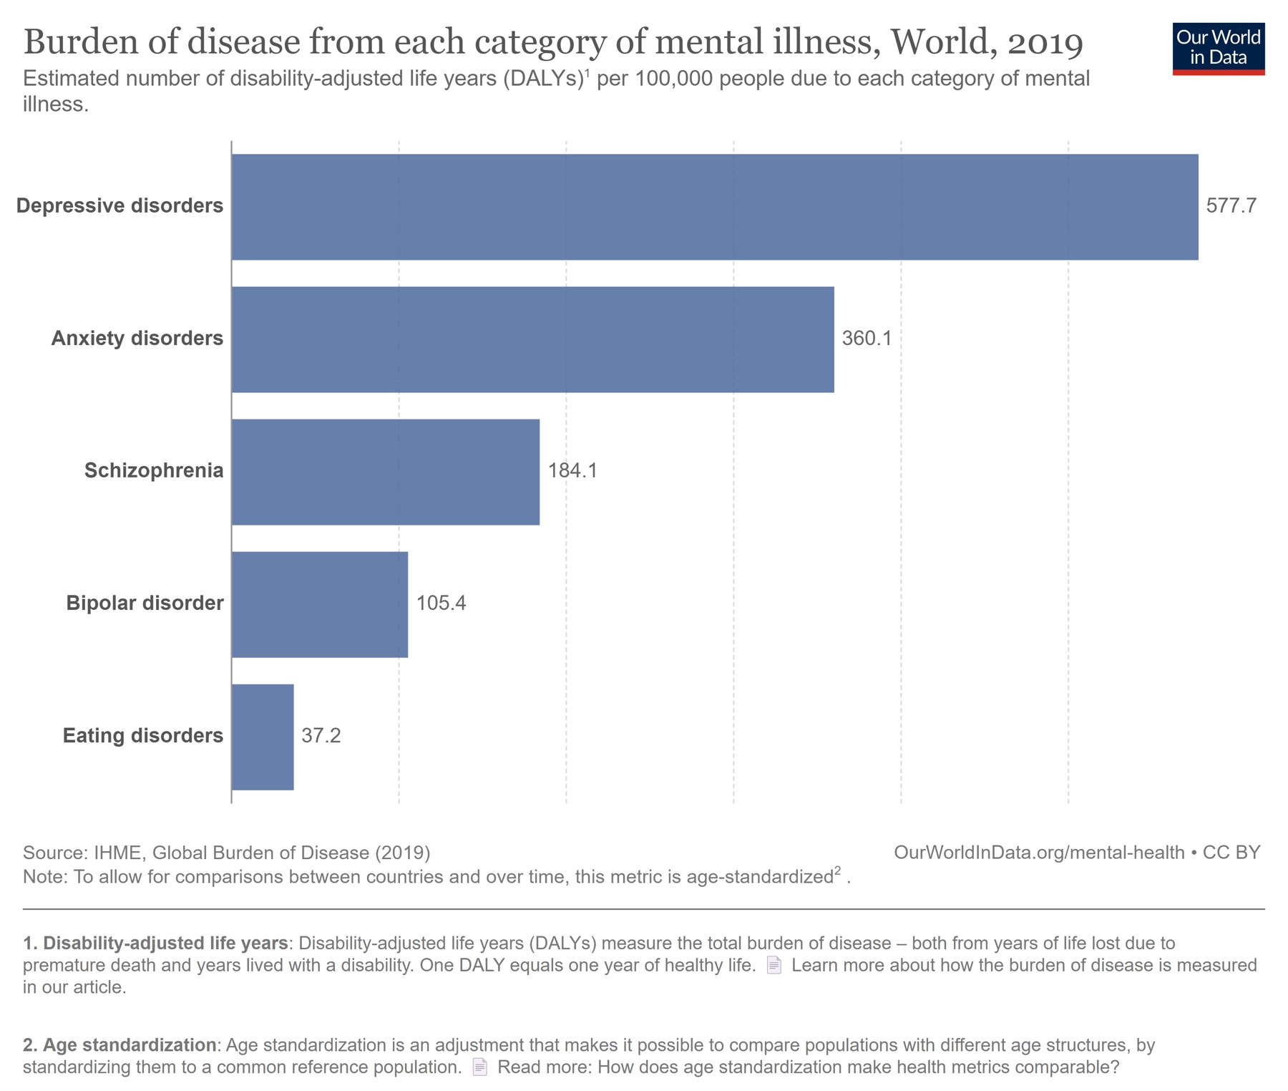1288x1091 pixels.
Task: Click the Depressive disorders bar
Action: (x=714, y=207)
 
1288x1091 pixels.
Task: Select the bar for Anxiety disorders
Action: (x=532, y=339)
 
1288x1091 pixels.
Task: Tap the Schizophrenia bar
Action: (x=385, y=472)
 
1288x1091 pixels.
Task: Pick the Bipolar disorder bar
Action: (x=319, y=604)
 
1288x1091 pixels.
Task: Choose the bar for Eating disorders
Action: (x=262, y=737)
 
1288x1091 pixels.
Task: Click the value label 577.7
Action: (x=1231, y=206)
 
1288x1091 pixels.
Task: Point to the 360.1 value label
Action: (x=867, y=339)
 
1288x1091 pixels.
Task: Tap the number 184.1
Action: (x=572, y=471)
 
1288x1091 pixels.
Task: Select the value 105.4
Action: (x=441, y=603)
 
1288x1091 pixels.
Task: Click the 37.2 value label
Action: (x=321, y=736)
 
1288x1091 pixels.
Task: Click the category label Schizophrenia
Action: (x=154, y=471)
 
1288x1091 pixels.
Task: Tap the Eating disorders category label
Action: (x=143, y=736)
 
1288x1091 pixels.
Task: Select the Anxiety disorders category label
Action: (x=137, y=339)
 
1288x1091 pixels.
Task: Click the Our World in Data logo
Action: (x=1218, y=49)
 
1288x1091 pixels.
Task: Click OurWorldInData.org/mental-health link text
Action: (x=1039, y=853)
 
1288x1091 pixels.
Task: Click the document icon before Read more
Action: (x=480, y=1067)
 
